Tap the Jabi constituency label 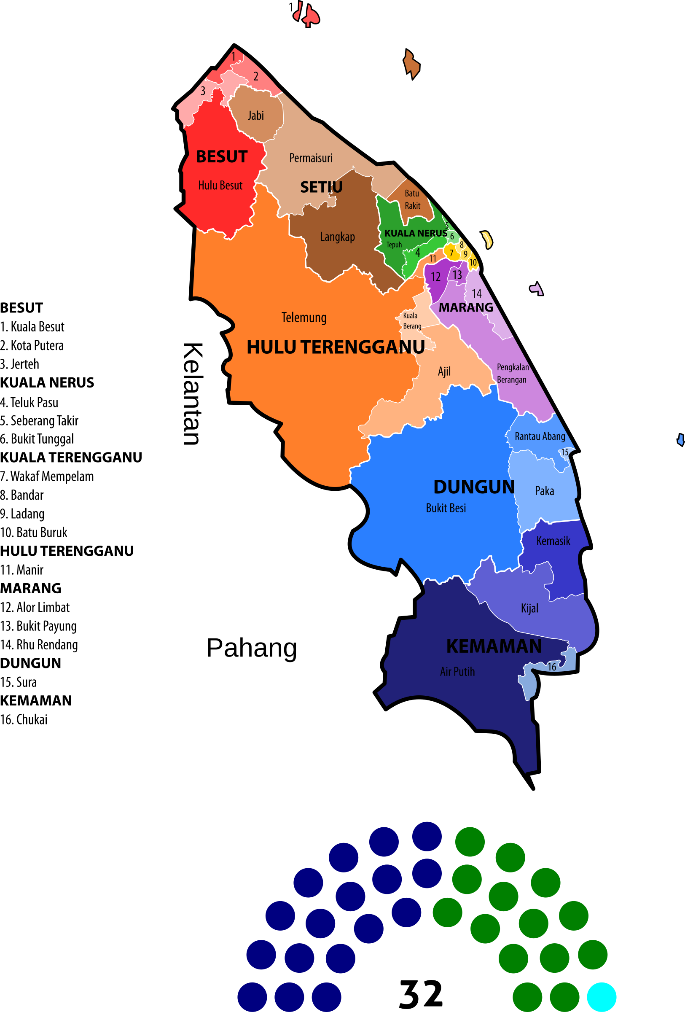(256, 116)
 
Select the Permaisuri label (311, 158)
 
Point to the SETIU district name (321, 187)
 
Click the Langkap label (337, 237)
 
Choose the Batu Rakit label (412, 199)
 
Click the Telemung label (304, 318)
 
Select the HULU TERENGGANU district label (336, 347)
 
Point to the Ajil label (444, 371)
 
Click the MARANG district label (466, 307)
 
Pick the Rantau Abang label (540, 436)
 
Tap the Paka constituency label (544, 491)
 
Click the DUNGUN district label (474, 487)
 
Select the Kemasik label (553, 541)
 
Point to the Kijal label (529, 608)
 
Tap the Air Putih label (457, 671)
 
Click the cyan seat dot (602, 997)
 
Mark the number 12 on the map (435, 277)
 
